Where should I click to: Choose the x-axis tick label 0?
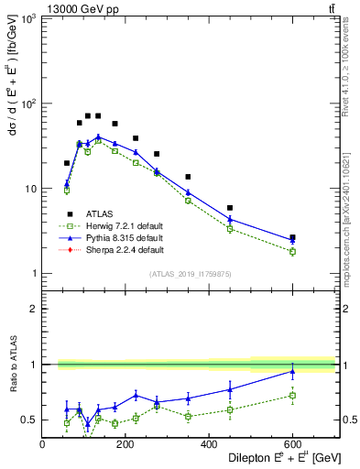click(x=42, y=444)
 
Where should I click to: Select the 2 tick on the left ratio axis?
click(x=34, y=309)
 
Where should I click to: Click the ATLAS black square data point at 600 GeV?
click(x=292, y=238)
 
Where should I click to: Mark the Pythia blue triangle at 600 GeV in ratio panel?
click(x=292, y=371)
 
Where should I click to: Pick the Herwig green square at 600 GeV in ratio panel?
click(x=292, y=396)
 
